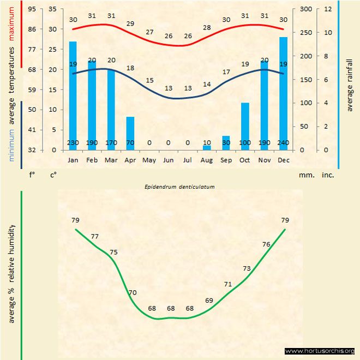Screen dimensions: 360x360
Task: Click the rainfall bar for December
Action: (283, 93)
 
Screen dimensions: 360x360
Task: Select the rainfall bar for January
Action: (73, 95)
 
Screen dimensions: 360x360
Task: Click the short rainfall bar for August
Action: (207, 147)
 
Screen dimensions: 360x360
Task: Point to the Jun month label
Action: (169, 160)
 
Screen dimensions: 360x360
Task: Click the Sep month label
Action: (226, 160)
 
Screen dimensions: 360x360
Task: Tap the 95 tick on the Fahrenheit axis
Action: (32, 9)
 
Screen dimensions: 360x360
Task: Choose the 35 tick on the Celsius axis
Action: (52, 9)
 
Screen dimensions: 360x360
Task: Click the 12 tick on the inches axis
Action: (328, 9)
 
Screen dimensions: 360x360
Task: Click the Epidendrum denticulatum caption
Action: (179, 186)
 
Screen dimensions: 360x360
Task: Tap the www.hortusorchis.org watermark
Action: (320, 351)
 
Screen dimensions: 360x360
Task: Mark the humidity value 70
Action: (133, 292)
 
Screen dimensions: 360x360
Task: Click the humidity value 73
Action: (247, 268)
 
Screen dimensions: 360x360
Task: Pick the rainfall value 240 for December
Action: (283, 143)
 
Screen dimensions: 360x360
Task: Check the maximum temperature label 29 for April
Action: (130, 23)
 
